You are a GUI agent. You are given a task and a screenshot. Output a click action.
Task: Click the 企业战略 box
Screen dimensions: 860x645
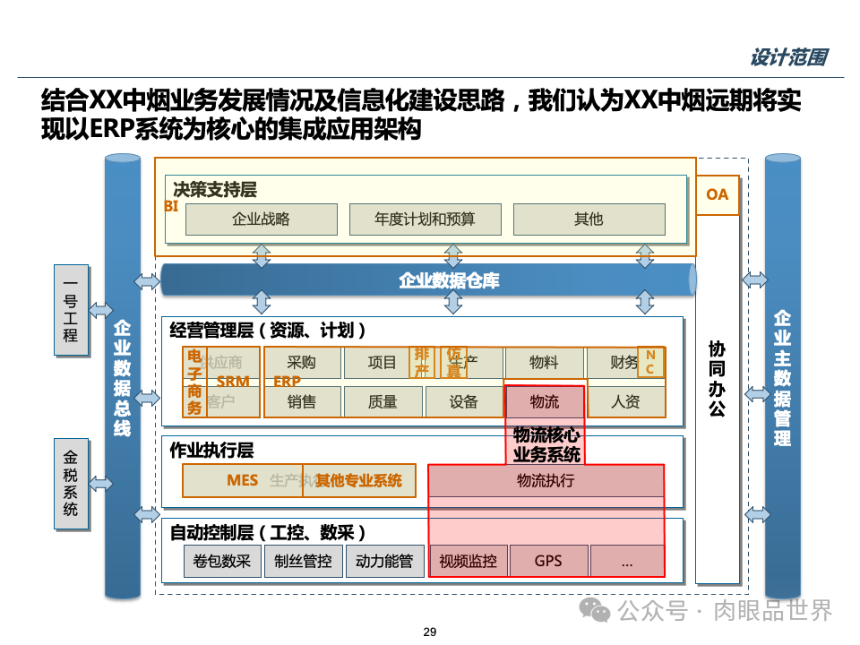coord(261,219)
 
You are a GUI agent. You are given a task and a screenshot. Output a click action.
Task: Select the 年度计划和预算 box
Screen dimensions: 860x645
coord(425,219)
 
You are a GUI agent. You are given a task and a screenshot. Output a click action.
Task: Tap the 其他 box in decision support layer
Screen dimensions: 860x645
coord(589,219)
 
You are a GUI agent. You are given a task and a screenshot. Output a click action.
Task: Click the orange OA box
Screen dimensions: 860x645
coord(718,194)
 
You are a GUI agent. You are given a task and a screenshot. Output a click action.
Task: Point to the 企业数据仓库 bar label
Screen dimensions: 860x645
coord(449,280)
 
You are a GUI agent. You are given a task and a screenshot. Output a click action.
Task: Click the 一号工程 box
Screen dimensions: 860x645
coord(71,310)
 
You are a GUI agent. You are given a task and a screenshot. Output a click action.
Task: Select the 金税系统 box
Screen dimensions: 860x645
coord(71,484)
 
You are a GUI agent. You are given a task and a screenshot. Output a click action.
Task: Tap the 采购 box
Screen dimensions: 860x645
coord(302,363)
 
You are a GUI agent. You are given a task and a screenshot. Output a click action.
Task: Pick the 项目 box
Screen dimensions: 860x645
coord(383,363)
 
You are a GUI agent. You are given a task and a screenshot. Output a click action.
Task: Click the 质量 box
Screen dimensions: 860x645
coord(383,402)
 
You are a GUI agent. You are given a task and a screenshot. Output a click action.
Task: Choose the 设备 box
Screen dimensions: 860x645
coord(464,402)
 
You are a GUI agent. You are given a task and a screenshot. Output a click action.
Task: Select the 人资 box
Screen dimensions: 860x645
coord(625,402)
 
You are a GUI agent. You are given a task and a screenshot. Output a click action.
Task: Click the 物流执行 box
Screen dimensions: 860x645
coord(546,481)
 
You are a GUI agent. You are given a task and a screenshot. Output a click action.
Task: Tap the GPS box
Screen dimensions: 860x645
coord(548,561)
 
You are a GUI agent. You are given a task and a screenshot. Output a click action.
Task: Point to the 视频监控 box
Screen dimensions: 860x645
coord(469,562)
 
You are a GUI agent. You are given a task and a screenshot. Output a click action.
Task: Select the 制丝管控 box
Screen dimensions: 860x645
coord(303,562)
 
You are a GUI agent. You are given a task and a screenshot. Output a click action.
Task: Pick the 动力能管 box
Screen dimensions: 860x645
coord(384,562)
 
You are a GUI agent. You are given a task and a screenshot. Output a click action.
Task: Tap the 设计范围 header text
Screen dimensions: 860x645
coord(788,58)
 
